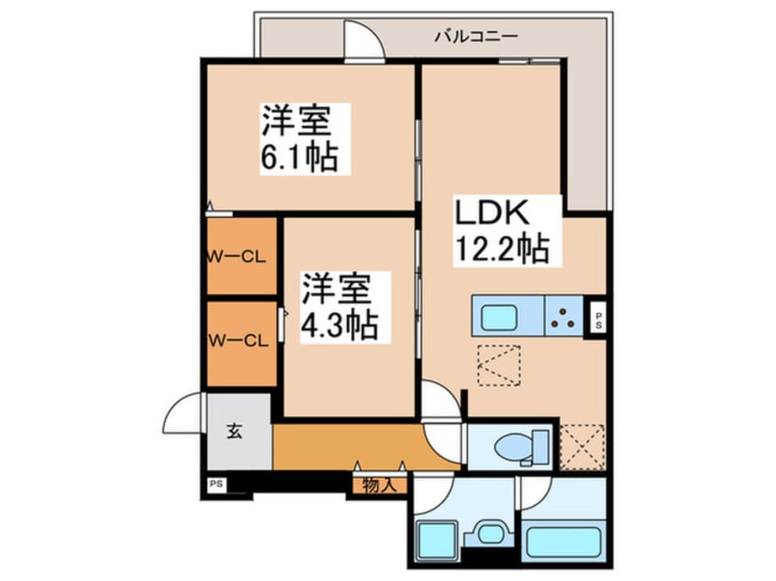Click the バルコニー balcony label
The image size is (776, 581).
point(476,37)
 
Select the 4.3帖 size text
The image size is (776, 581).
point(340,325)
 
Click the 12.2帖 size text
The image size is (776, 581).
point(500,248)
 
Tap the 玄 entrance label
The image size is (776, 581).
point(235,432)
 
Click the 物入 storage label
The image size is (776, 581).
point(378,485)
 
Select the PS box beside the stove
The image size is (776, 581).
point(598,320)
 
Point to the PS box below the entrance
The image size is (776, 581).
point(216,483)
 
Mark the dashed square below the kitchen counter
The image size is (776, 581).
point(498,367)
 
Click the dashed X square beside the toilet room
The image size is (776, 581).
point(582,446)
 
